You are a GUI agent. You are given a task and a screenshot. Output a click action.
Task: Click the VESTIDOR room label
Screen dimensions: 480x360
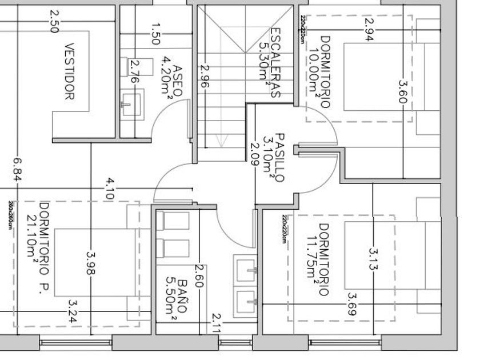[70, 71]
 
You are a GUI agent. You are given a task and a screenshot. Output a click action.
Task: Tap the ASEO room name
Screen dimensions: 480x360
[178, 76]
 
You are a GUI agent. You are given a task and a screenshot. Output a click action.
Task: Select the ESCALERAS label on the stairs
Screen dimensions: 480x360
[275, 63]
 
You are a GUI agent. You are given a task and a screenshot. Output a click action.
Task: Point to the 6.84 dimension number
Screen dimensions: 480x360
[17, 170]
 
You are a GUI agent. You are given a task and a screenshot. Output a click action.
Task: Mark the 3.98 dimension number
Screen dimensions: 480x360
[90, 263]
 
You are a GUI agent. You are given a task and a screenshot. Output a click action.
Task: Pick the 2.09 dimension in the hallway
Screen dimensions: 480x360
[255, 153]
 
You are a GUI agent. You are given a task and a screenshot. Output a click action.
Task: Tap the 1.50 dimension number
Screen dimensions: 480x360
[155, 34]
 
